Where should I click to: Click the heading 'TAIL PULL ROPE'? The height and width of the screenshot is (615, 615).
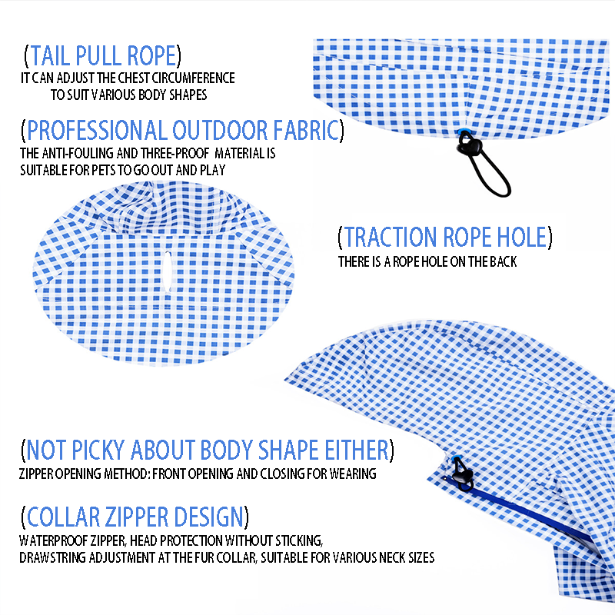tap(102, 56)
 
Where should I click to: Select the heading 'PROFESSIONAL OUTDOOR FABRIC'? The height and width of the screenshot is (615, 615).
tap(183, 130)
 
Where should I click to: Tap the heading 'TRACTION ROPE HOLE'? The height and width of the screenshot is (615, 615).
tap(445, 237)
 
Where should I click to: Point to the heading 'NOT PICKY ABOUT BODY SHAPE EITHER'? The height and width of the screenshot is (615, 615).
tap(208, 450)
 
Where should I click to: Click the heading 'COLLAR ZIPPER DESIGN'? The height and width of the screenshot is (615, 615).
tap(135, 516)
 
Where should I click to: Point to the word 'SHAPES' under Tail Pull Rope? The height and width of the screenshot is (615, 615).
tap(190, 95)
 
